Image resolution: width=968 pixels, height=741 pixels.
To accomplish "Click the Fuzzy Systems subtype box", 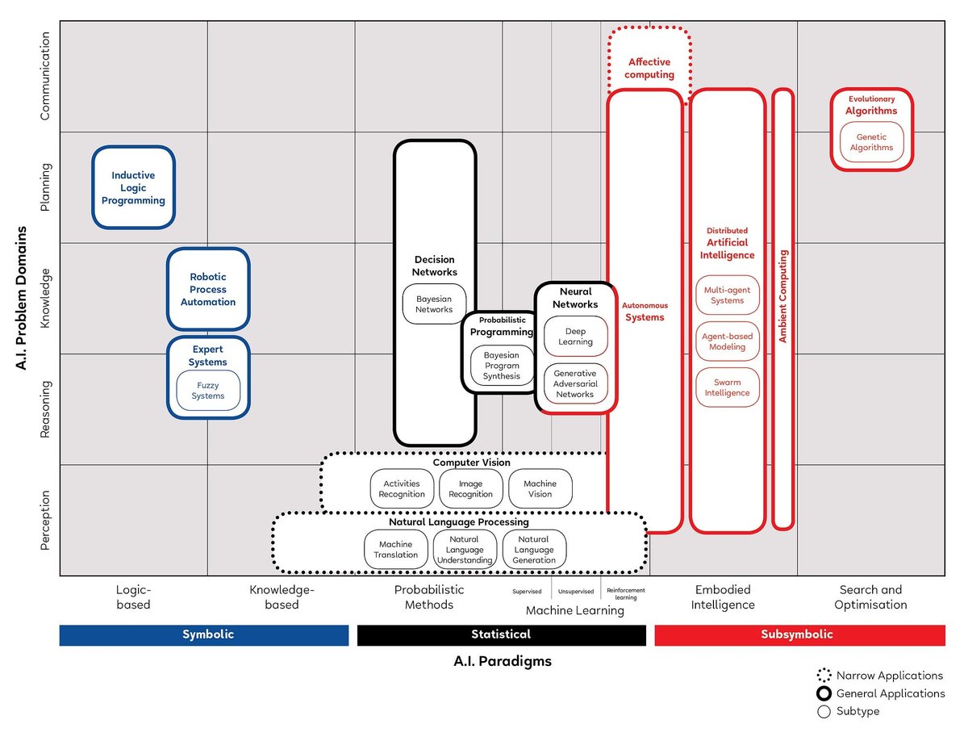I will tap(208, 391).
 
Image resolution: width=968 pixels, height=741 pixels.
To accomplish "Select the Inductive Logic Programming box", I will tap(133, 187).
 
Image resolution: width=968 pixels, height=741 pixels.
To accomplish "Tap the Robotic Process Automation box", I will tap(208, 289).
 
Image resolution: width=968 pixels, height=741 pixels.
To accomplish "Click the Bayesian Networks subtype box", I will tap(434, 304).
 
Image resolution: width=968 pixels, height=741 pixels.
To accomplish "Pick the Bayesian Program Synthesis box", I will tap(502, 366).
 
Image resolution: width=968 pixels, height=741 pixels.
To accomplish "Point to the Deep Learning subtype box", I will tap(575, 337).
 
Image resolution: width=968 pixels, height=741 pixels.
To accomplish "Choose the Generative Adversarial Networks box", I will tap(575, 383).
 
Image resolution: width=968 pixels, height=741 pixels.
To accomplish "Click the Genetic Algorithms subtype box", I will tap(871, 142).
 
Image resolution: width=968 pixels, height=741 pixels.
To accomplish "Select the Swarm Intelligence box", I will tap(727, 387).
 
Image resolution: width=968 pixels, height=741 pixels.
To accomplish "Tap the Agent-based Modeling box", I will tap(727, 341).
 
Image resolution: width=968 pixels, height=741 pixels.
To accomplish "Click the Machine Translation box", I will tap(396, 549).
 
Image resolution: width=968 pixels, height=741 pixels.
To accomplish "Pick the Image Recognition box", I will tap(470, 489).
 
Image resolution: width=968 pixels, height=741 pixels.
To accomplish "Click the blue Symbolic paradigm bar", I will tap(208, 634).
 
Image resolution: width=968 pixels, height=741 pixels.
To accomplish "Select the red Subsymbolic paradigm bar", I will tap(799, 634).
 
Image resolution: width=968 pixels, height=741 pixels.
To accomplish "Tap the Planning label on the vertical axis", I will tap(45, 187).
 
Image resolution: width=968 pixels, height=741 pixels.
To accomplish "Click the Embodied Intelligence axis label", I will tap(723, 597).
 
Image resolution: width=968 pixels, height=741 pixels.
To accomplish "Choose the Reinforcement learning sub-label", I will tap(626, 594).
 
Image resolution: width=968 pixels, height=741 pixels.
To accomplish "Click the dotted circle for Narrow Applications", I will tap(824, 676).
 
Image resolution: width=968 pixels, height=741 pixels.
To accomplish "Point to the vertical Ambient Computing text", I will tap(782, 296).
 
